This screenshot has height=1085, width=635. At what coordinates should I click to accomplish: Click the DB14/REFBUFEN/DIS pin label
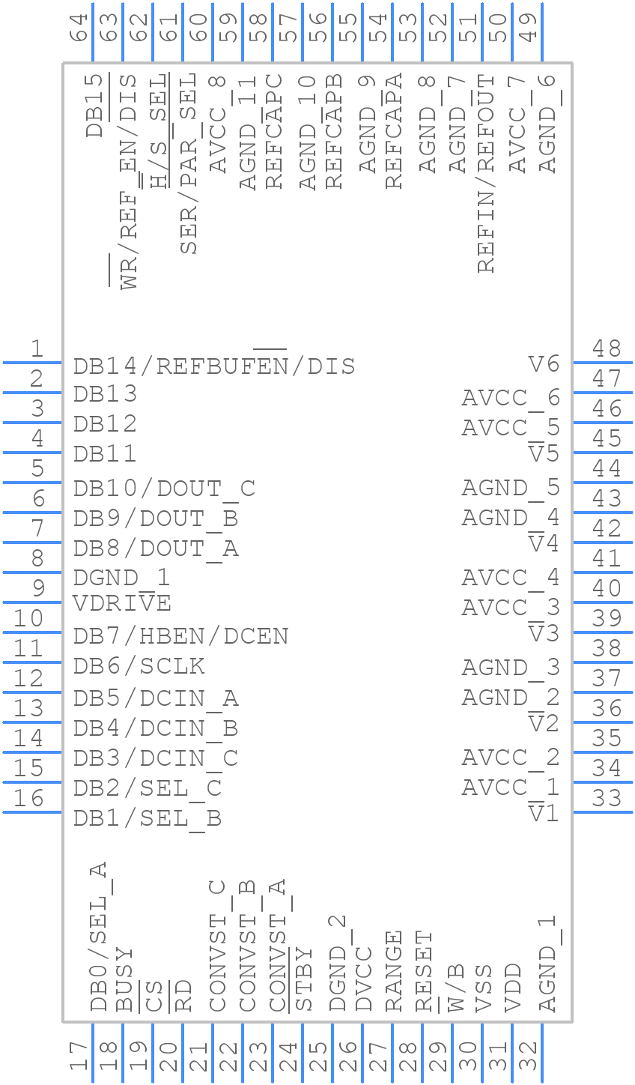(214, 366)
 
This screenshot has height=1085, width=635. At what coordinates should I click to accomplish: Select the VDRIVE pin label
(122, 603)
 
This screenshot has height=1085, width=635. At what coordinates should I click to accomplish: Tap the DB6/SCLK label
(139, 666)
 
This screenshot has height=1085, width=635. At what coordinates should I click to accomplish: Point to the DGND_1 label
(121, 578)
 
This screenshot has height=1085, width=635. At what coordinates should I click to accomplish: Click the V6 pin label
(544, 364)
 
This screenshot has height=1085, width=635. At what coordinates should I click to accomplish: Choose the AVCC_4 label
(511, 578)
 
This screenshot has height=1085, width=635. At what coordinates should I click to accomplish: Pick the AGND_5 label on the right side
(511, 488)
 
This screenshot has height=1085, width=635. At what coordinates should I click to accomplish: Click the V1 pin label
(544, 813)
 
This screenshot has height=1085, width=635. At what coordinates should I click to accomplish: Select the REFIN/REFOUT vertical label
(486, 173)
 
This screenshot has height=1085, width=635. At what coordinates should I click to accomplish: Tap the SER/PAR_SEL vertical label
(188, 163)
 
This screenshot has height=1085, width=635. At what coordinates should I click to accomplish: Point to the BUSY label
(124, 979)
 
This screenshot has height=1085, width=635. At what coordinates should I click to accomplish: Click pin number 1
(37, 348)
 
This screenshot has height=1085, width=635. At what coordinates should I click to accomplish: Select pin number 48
(607, 348)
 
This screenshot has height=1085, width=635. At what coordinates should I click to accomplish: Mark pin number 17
(79, 1057)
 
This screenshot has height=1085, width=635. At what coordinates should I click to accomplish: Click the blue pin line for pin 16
(31, 812)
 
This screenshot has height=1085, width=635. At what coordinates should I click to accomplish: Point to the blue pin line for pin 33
(604, 812)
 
